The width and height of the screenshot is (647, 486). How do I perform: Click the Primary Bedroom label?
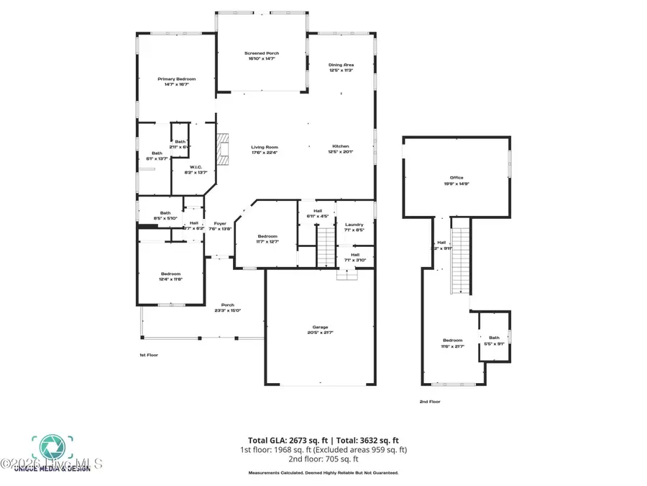click(x=177, y=79)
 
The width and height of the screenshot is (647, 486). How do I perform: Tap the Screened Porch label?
click(x=262, y=53)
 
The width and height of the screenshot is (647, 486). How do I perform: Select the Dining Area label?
click(x=341, y=65)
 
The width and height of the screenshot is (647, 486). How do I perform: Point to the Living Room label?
click(x=264, y=148)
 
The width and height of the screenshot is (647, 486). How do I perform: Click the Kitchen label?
click(x=341, y=147)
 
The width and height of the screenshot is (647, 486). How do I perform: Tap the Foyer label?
click(x=220, y=223)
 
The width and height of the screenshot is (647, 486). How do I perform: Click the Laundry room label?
click(x=354, y=225)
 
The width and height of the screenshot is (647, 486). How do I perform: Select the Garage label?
click(x=320, y=328)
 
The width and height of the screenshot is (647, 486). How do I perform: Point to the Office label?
click(x=456, y=178)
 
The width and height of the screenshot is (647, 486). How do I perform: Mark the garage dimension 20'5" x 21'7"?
click(x=320, y=333)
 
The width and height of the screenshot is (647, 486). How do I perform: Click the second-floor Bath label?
click(x=494, y=338)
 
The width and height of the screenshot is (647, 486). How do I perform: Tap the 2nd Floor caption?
click(x=430, y=402)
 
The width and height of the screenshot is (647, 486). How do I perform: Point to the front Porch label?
click(x=227, y=305)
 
